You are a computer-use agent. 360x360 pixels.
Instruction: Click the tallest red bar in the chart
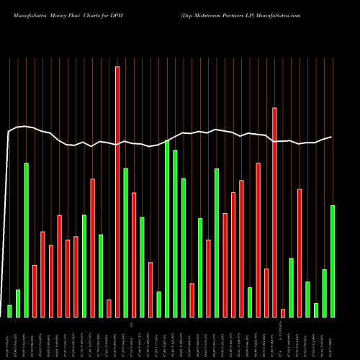coord(117,192)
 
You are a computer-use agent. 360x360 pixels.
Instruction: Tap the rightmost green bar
coord(332,261)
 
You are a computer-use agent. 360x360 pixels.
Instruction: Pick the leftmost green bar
coord(9,311)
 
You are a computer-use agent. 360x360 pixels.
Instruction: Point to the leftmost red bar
coord(35,291)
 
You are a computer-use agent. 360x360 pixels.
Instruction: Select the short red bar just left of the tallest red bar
coord(109,308)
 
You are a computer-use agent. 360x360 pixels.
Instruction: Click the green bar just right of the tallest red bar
coord(125,243)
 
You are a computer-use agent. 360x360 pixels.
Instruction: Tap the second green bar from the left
coord(18,303)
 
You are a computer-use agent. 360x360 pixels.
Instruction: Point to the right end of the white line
coord(331,137)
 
